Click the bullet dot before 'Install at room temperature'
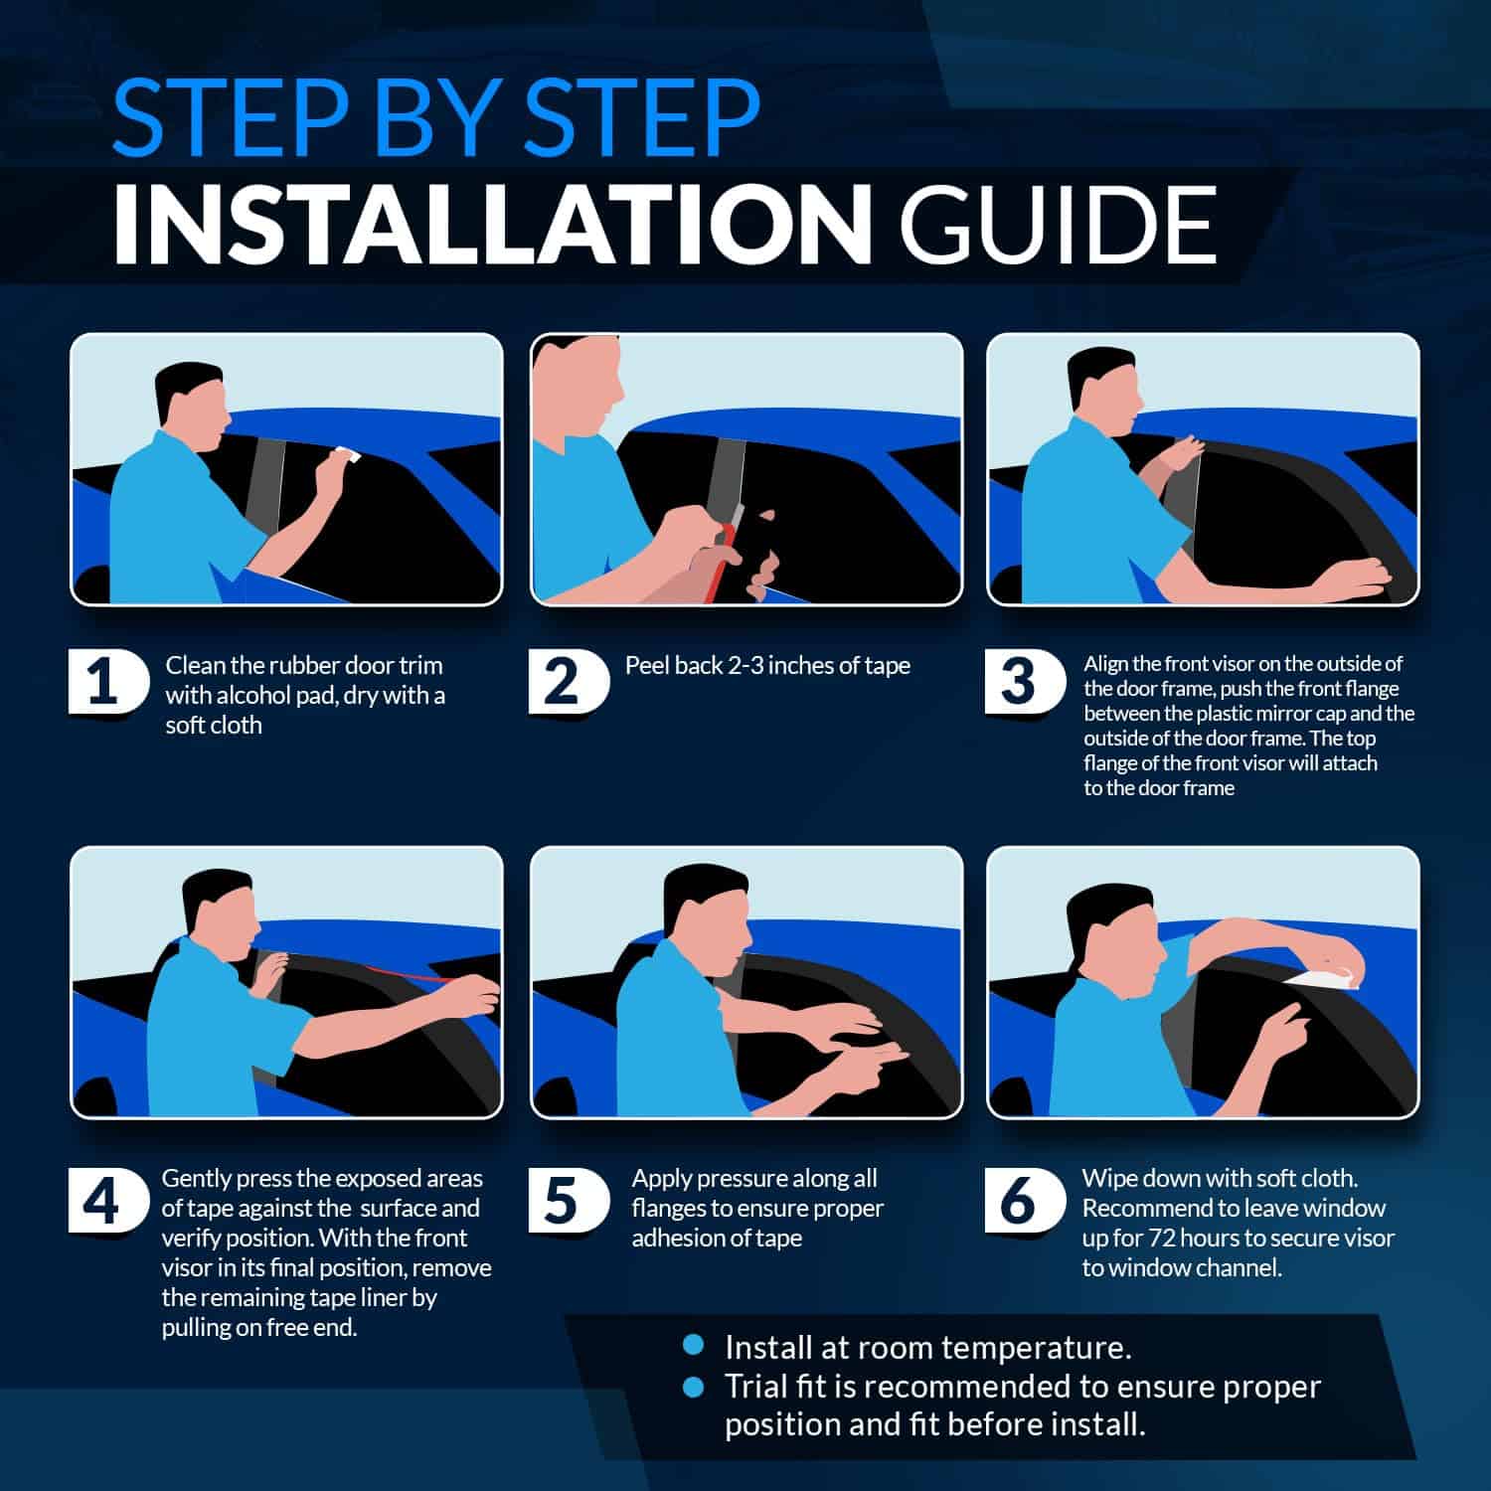[694, 1346]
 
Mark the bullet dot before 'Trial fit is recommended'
[694, 1385]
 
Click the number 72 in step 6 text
[1165, 1239]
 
